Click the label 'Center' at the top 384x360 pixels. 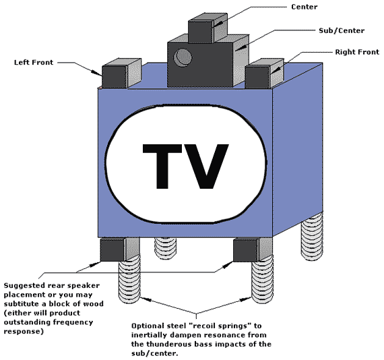click(304, 7)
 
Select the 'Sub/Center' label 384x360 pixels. click(342, 30)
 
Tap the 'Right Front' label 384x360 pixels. click(357, 52)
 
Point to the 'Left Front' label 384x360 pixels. click(34, 62)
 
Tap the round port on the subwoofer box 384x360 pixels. click(183, 58)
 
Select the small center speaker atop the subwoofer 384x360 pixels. click(207, 28)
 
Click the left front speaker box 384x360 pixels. click(122, 73)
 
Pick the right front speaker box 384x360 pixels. click(265, 73)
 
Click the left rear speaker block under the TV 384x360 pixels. click(120, 249)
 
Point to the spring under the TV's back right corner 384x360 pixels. click(312, 237)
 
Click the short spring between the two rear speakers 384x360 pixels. click(165, 248)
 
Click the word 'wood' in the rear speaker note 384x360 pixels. click(94, 303)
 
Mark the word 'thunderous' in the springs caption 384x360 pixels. click(168, 344)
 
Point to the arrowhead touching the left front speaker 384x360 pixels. click(96, 72)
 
